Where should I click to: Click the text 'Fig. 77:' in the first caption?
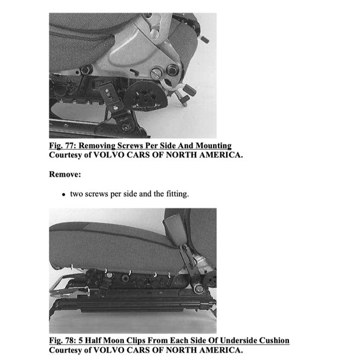63,145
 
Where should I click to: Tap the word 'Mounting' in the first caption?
211,145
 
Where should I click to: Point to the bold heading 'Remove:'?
65,175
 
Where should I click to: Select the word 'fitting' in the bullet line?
176,194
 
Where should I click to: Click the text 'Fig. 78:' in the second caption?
63,340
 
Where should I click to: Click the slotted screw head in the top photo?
156,74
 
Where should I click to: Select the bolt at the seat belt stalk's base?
199,288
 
